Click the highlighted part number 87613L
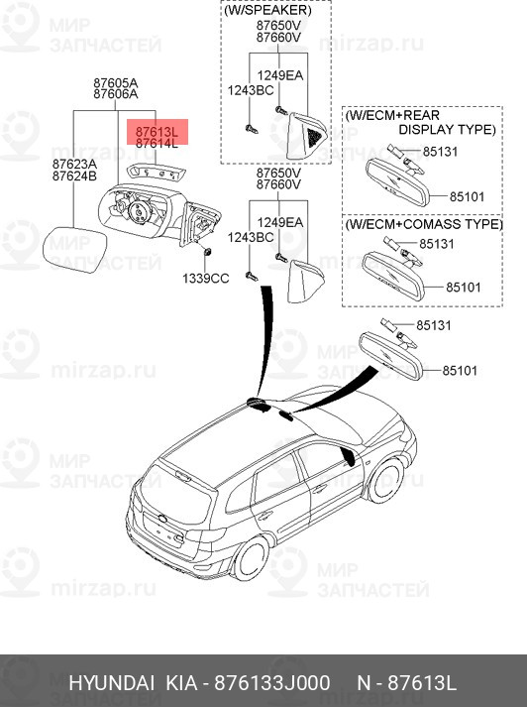coord(157,131)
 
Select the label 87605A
coord(115,82)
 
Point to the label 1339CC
coord(205,279)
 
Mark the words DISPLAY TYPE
coord(447,130)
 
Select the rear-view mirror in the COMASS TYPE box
coord(394,271)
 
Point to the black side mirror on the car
coord(347,457)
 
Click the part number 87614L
coord(157,143)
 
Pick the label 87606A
coord(115,94)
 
